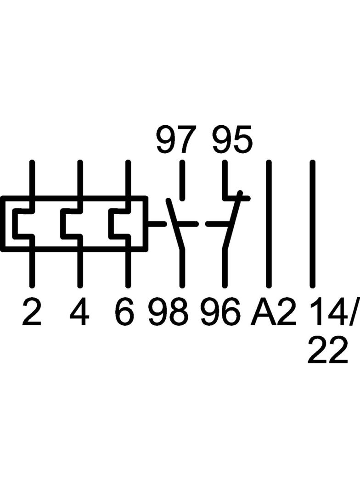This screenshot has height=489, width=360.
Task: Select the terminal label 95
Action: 232,139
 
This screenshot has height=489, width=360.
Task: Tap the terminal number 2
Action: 32,311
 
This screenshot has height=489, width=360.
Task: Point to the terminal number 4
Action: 79,311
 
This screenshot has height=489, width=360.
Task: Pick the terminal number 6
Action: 126,311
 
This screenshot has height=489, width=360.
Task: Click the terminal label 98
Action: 169,311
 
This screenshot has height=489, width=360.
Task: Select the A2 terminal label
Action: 273,311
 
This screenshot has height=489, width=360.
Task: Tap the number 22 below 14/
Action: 327,350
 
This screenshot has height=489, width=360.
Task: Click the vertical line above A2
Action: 268,223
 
